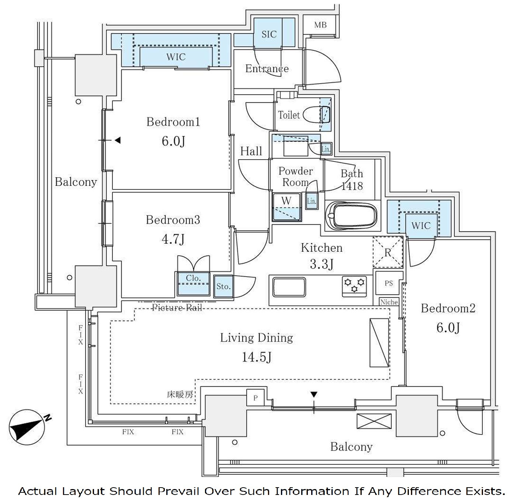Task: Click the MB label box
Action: tap(320, 25)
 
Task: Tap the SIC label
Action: tap(269, 34)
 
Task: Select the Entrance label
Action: tap(267, 69)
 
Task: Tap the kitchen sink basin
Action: tap(289, 287)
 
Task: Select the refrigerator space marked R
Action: tap(387, 252)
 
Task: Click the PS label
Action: tap(389, 283)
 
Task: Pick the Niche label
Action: tap(389, 302)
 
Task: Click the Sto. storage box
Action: tap(223, 286)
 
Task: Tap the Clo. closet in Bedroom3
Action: tap(193, 283)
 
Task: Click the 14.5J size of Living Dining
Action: tap(257, 357)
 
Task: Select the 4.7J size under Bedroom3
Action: tap(173, 239)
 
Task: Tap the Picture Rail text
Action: tap(177, 307)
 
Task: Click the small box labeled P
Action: tap(255, 398)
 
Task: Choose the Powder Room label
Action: tap(295, 177)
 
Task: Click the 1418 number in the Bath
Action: tap(352, 186)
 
